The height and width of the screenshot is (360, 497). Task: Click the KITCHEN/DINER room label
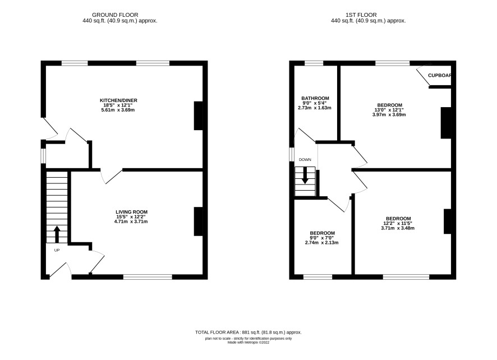(118, 100)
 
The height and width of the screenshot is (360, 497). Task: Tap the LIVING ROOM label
(131, 212)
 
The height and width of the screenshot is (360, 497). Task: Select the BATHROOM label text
(315, 98)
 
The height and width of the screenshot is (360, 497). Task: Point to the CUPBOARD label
(439, 76)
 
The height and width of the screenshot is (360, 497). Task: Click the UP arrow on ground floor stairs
(57, 234)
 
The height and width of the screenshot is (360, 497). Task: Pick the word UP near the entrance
(57, 250)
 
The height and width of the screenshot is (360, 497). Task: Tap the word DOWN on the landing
(305, 160)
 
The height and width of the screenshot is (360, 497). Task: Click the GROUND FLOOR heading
(115, 15)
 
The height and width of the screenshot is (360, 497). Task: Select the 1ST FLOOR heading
(361, 15)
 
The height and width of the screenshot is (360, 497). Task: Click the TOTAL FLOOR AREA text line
(248, 333)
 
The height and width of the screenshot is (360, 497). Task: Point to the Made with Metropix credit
(248, 342)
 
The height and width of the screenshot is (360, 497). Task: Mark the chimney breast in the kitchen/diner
(199, 116)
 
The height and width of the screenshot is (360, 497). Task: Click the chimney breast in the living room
(199, 221)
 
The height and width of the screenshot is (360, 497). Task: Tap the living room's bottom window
(148, 277)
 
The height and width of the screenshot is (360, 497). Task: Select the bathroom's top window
(314, 63)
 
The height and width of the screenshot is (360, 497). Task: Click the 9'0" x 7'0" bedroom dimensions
(322, 238)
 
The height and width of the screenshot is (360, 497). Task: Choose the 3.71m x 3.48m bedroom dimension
(398, 228)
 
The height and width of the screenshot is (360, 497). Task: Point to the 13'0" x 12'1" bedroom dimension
(389, 110)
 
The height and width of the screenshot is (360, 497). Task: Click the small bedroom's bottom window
(318, 277)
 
